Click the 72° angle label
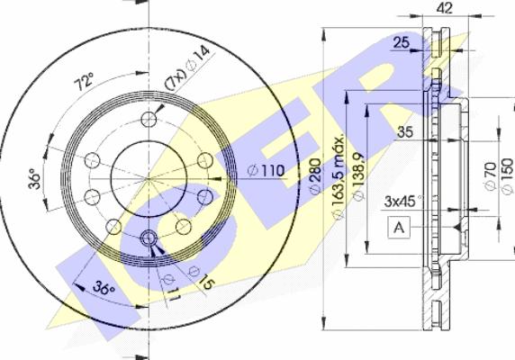[x=84, y=84]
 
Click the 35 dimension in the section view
[x=405, y=132]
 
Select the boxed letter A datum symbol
[x=397, y=228]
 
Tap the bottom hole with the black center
[x=150, y=238]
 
